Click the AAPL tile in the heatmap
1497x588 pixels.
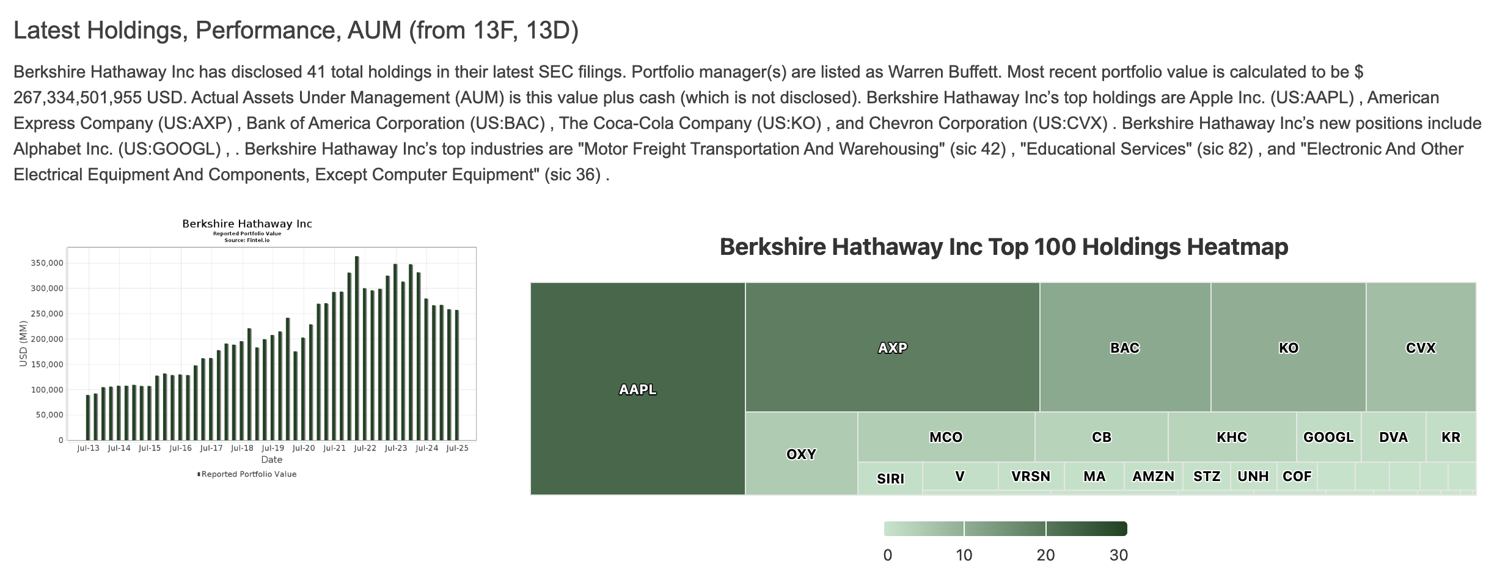637,389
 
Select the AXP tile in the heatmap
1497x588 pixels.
892,347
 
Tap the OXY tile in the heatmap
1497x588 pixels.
801,454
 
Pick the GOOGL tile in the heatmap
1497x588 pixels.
1328,437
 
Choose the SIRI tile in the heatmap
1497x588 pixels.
890,479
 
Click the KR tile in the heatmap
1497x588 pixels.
1451,437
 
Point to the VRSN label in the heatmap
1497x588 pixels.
1030,476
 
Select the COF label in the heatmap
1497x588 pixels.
1297,476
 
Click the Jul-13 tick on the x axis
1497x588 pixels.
88,448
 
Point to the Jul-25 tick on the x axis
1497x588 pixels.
457,448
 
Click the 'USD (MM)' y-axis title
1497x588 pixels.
23,344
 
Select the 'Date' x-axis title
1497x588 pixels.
271,460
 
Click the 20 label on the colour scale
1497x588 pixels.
1045,555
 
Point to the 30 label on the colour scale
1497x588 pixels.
1119,555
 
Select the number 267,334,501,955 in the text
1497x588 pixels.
78,98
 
